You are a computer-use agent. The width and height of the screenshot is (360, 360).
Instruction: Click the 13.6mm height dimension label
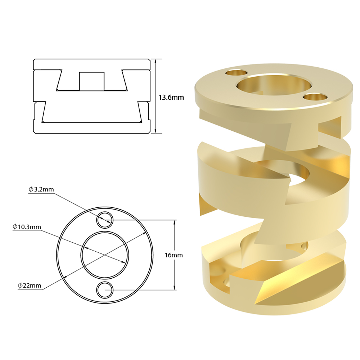(171, 97)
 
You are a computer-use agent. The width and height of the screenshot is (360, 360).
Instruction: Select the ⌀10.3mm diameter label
(27, 227)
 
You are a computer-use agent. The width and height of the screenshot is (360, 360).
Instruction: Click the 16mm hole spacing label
(174, 255)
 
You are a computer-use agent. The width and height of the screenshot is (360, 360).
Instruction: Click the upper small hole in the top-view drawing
(105, 219)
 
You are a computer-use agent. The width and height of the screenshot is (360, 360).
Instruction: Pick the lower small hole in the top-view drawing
(105, 290)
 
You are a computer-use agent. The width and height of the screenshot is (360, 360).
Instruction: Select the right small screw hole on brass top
(314, 96)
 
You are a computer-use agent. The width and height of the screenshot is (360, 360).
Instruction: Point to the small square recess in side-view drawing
(91, 81)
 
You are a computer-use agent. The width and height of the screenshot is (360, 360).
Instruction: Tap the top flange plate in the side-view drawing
(91, 64)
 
